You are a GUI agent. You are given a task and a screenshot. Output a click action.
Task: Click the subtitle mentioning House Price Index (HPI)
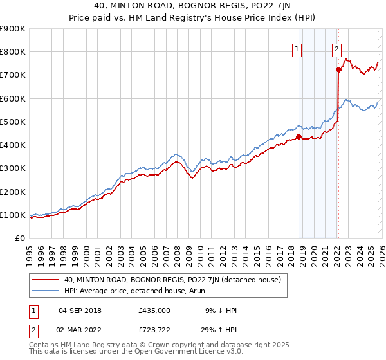point(193,19)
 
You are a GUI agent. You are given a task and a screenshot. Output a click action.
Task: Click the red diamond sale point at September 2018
point(299,136)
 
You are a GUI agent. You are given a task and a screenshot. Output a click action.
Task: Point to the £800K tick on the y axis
point(13,52)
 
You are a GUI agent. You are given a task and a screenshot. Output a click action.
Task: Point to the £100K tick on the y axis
point(13,215)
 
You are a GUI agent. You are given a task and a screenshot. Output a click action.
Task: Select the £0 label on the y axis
point(19,238)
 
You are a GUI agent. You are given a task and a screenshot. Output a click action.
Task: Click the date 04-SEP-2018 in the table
point(80,310)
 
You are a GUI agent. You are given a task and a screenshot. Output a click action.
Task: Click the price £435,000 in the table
point(154,310)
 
